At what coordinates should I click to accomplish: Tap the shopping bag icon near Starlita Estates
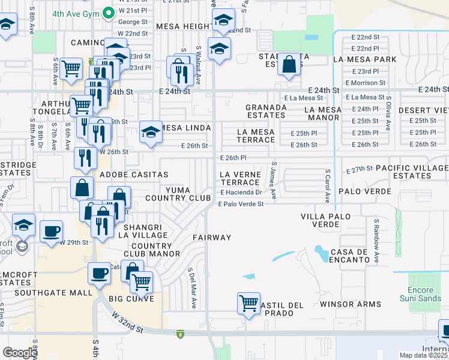coord(289,65)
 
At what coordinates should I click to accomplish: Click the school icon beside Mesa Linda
coord(151,131)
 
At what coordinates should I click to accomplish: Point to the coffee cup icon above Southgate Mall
coord(100,273)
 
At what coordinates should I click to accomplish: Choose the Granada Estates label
coord(265,111)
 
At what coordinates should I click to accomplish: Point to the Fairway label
coord(212,238)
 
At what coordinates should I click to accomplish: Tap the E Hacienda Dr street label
coord(241,193)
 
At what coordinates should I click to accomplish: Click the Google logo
coord(20,353)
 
